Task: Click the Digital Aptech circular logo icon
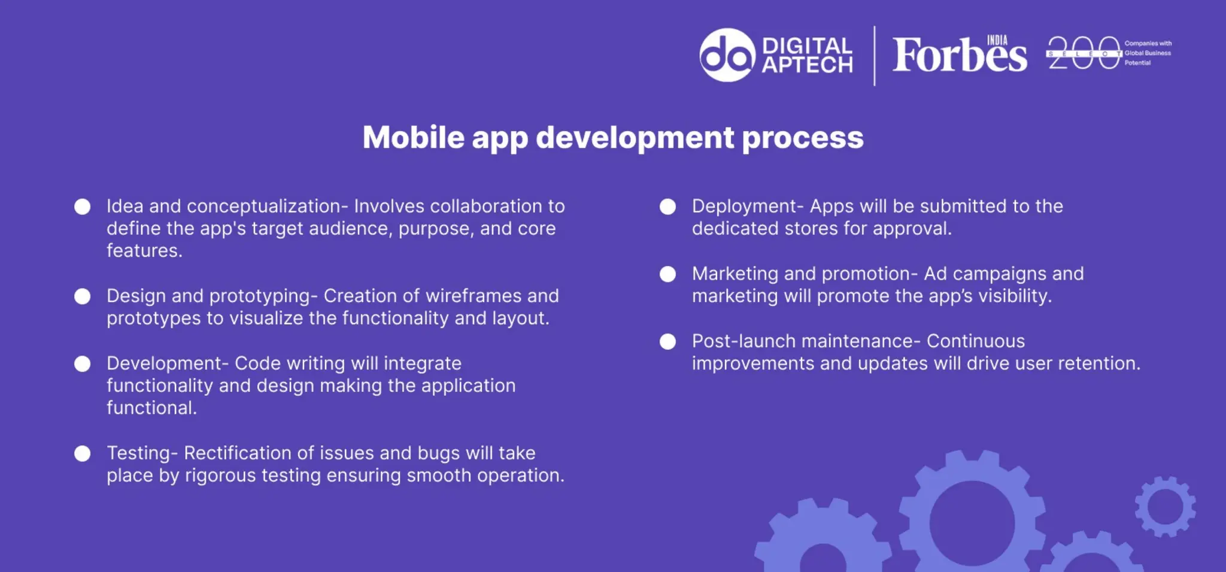[727, 55]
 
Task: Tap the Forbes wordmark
[959, 56]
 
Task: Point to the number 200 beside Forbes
[1083, 53]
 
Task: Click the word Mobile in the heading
[413, 138]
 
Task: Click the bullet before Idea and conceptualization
[83, 207]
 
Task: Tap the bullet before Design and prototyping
[83, 296]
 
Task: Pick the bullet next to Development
[83, 364]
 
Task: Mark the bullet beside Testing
[83, 453]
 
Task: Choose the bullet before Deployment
[667, 207]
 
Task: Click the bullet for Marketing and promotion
[667, 274]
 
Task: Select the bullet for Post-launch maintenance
[667, 341]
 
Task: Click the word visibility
[1015, 296]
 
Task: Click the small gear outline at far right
[1165, 507]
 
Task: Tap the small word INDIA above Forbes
[997, 40]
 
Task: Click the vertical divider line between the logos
[874, 56]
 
